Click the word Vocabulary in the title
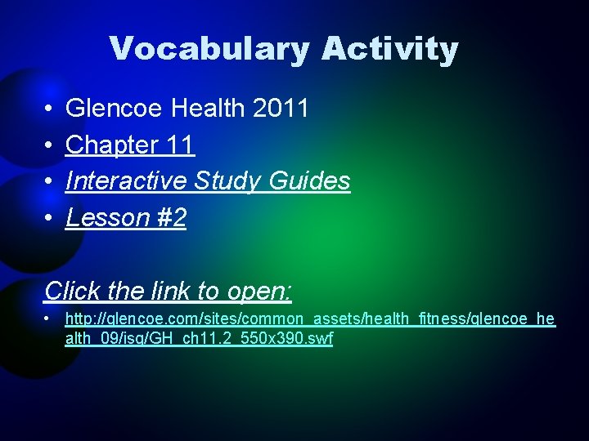click(209, 49)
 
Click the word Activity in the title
click(389, 49)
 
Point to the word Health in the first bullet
click(201, 109)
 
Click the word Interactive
click(126, 181)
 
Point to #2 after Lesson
click(169, 218)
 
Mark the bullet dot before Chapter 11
click(50, 146)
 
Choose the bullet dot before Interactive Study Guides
click(50, 182)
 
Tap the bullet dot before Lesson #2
click(50, 219)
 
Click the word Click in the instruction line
click(71, 291)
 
